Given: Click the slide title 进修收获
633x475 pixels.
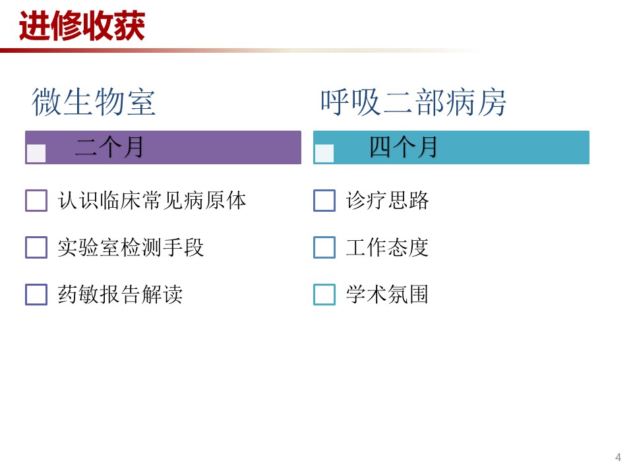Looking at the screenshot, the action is [x=82, y=26].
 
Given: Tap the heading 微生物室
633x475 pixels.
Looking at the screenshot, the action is [x=94, y=102].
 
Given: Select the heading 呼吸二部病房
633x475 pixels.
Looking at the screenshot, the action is [x=413, y=102].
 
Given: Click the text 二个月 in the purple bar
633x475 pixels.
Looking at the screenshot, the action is [x=109, y=147].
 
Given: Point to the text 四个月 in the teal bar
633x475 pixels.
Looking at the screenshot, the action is [x=404, y=147].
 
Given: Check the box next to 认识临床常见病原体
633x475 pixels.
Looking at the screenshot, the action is [x=36, y=201].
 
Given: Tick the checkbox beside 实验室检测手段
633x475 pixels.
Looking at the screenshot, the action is [x=36, y=247].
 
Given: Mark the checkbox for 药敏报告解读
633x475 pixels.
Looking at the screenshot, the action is [x=36, y=294].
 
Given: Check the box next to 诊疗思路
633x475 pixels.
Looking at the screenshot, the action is [x=324, y=201].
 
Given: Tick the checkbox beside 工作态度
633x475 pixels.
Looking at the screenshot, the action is [x=324, y=247].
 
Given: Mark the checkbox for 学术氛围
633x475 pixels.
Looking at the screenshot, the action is [x=324, y=294].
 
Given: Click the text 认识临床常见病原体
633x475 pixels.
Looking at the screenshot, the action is [x=152, y=201].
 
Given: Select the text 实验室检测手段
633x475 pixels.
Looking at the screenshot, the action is [x=131, y=247].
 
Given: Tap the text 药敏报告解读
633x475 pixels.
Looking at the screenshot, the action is [x=120, y=294].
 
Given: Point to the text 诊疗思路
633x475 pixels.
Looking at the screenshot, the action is [x=387, y=201].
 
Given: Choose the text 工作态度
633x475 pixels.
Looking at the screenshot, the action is [x=387, y=247].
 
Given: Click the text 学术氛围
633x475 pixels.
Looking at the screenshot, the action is [x=387, y=294].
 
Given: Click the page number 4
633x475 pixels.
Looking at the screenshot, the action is [x=618, y=457].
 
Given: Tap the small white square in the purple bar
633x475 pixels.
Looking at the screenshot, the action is [x=36, y=154].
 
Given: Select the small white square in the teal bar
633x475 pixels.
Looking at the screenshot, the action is [x=324, y=154].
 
